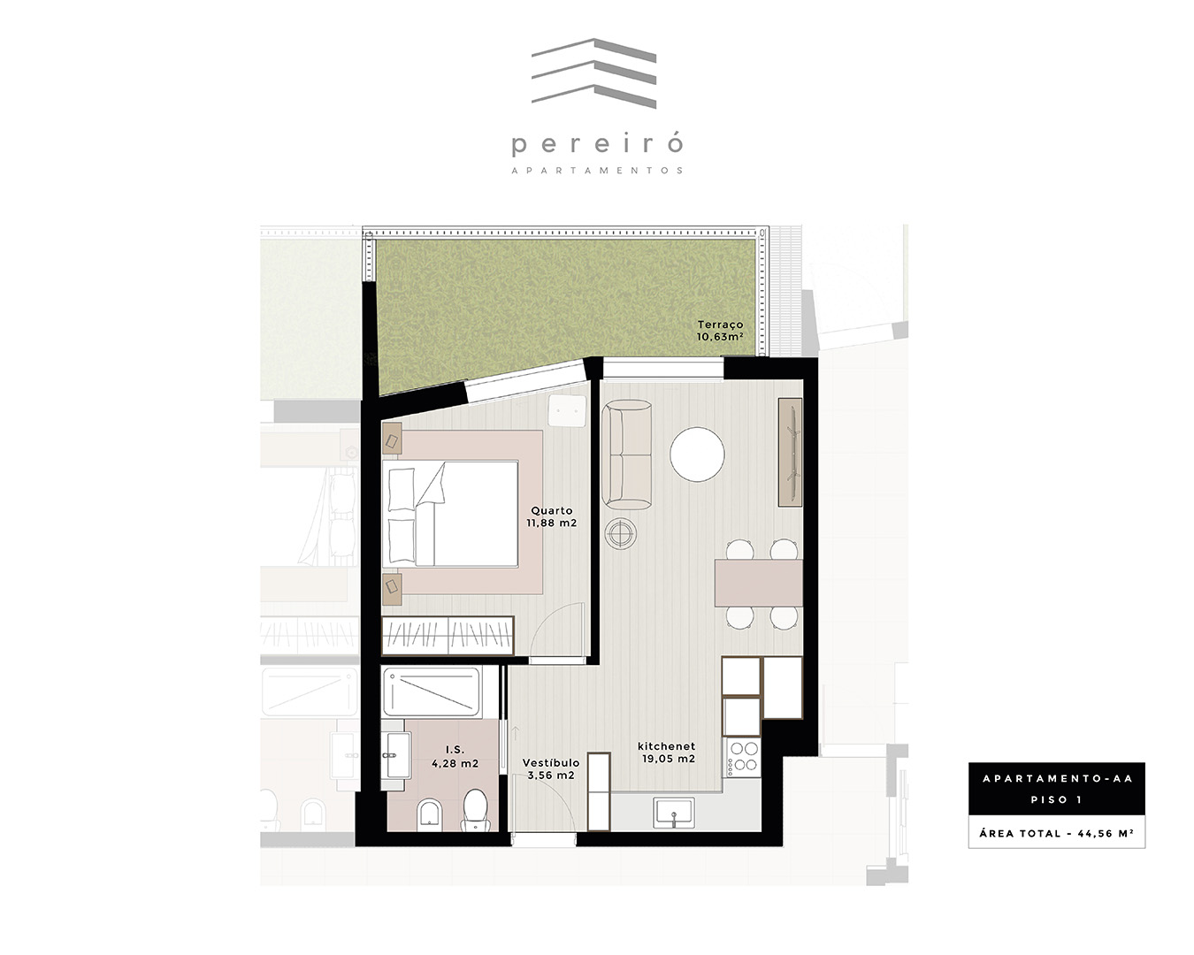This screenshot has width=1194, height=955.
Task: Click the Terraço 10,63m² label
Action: coord(720,331)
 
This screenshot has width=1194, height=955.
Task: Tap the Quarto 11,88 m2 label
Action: coord(552,516)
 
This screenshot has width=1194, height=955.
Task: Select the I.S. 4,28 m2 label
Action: coord(455,757)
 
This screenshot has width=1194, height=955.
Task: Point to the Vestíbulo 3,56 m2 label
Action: coord(551,769)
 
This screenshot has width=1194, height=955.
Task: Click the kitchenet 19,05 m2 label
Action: coord(668,753)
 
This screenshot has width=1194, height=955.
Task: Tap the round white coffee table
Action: coord(697,454)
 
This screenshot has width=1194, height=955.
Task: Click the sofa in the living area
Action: coord(626,455)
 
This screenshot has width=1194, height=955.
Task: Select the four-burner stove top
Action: coord(742,757)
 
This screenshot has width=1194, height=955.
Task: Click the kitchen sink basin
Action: coord(674,813)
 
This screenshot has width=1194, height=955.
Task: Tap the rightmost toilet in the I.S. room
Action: coord(476,811)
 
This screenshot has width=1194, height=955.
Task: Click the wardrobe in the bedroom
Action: coord(448,636)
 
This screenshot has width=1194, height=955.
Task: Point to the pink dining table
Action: coord(759,583)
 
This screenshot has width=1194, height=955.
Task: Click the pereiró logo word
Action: coord(597,145)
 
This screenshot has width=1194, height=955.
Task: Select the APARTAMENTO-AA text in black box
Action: coord(1057,778)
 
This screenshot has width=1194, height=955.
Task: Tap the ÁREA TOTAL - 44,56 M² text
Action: coord(1057,833)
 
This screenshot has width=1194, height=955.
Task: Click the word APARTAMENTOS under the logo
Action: coord(597,171)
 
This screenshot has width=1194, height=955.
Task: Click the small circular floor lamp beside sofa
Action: coord(620,534)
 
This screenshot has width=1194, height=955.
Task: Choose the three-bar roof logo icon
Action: coord(593,73)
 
